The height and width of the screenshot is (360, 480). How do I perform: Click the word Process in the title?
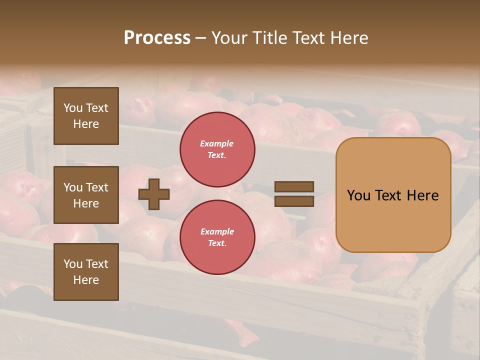tap(157, 38)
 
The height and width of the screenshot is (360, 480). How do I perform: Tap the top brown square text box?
tap(86, 116)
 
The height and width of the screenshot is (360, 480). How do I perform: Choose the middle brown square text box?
tap(86, 195)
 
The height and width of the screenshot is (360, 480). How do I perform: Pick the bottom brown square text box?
tap(86, 271)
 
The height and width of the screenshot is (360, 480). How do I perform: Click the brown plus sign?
tap(154, 194)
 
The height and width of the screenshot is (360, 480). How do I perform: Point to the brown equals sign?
tap(294, 194)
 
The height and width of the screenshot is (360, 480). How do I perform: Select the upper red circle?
tap(217, 149)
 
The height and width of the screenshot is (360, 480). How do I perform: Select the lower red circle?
tap(217, 237)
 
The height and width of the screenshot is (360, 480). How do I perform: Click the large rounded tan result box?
tap(393, 195)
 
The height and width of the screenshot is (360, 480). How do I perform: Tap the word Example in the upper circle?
tap(217, 143)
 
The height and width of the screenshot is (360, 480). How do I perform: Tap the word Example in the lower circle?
tap(217, 231)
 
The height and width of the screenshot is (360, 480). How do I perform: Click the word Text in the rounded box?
tap(389, 195)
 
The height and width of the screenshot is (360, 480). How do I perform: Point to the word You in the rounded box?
tap(358, 195)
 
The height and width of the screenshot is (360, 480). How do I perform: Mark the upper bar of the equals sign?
tap(294, 187)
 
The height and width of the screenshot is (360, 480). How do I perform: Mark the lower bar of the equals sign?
tap(294, 201)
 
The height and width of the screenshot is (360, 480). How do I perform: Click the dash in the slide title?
tap(200, 38)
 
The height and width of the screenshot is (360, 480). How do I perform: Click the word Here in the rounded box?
tap(423, 195)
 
